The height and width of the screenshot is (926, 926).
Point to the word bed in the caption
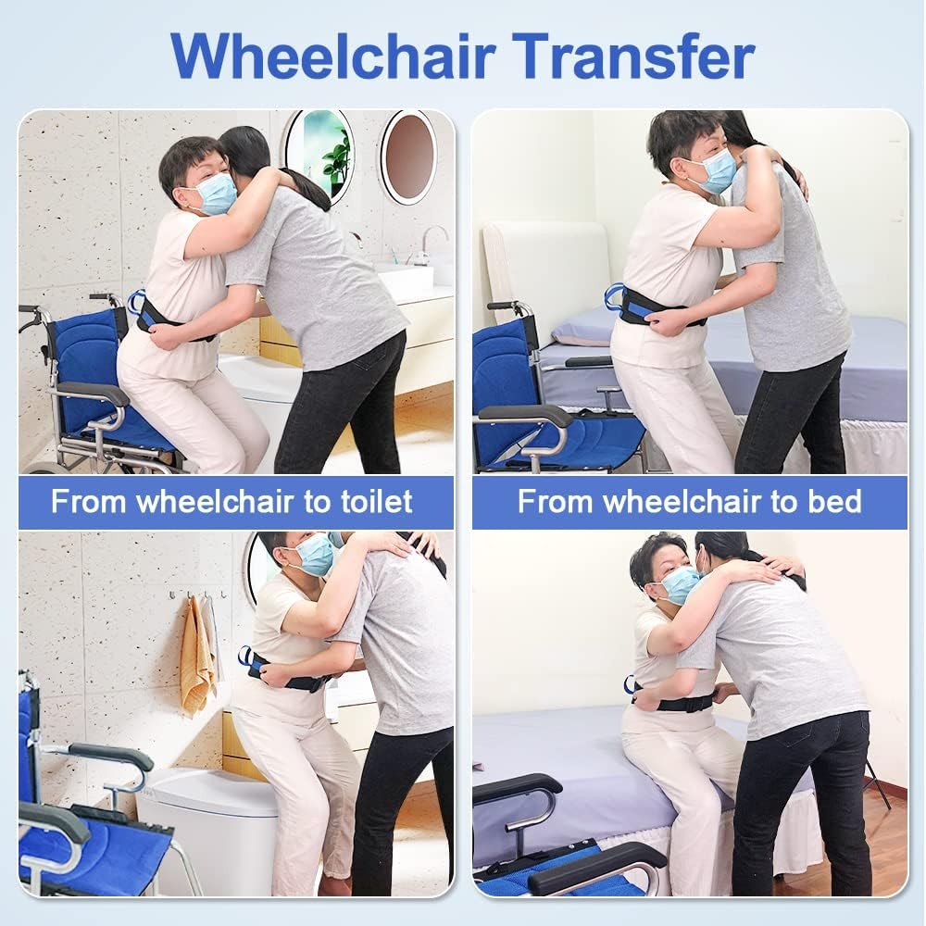point(834,502)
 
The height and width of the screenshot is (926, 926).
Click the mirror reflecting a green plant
point(319,154)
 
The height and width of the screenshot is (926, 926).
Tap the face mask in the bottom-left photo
point(314,555)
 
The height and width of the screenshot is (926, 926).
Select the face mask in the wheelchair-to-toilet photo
point(214,194)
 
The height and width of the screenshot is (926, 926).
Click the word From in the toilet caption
point(89,502)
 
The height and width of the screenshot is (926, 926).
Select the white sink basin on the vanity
point(407,282)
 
